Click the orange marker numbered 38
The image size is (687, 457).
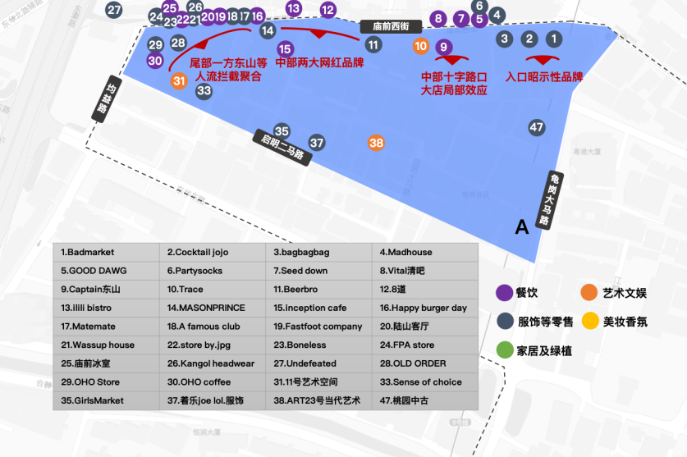click(x=376, y=143)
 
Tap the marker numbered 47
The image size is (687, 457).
click(x=537, y=127)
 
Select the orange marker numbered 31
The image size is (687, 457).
click(x=180, y=80)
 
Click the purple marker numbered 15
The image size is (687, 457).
click(x=285, y=49)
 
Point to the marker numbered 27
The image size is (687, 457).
click(x=114, y=11)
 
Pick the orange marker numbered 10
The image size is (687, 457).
click(x=421, y=46)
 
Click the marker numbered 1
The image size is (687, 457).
click(x=554, y=39)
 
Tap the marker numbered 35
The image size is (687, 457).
click(x=282, y=131)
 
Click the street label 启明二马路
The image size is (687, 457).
click(x=283, y=148)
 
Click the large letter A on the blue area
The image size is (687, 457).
click(x=521, y=227)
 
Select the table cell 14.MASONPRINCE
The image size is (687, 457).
click(x=211, y=308)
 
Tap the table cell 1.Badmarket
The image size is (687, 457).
click(x=107, y=252)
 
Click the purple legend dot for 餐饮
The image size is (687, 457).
click(x=504, y=292)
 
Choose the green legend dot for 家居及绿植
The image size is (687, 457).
click(x=504, y=350)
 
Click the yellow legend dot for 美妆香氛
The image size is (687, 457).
click(x=589, y=321)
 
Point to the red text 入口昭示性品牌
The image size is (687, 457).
click(x=544, y=77)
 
